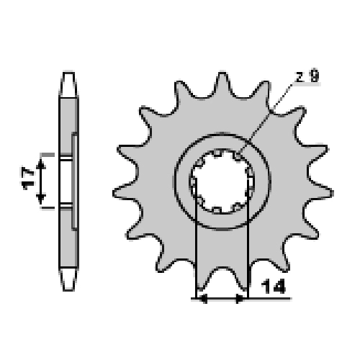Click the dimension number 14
[273, 287]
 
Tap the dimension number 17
[28, 179]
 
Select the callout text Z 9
[307, 76]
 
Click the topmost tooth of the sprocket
[222, 83]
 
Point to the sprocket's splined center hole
[222, 181]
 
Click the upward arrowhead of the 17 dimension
[41, 163]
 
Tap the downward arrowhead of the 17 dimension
[41, 199]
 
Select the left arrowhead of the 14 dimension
[203, 299]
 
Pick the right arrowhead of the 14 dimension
[240, 299]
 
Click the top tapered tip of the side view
[68, 84]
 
